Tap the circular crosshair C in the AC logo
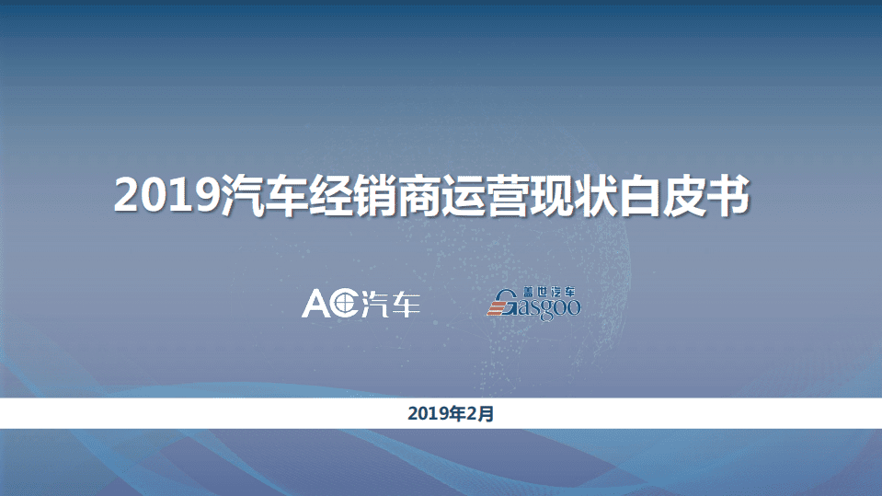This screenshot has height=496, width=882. (x=345, y=304)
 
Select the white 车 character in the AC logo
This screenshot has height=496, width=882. (x=406, y=304)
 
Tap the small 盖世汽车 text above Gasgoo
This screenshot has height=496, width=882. (x=548, y=292)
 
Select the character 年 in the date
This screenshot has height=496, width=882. (x=461, y=414)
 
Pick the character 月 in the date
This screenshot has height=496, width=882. (x=487, y=414)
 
